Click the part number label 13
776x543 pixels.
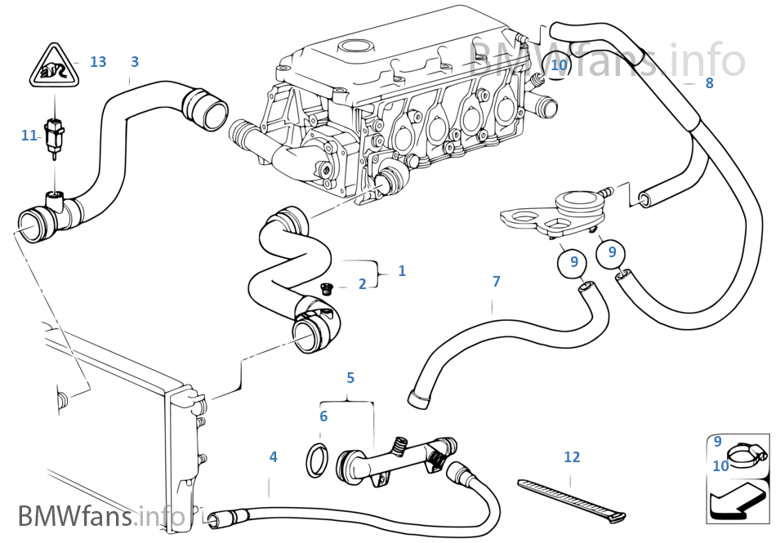(x=98, y=62)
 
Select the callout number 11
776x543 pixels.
(x=28, y=136)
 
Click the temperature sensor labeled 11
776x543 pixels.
(x=56, y=135)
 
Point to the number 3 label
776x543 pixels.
(x=135, y=62)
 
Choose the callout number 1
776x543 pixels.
(x=401, y=270)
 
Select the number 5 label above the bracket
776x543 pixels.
(x=350, y=378)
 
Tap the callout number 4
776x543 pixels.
(x=273, y=457)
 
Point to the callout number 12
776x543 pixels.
(x=572, y=457)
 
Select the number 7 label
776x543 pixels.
(x=496, y=282)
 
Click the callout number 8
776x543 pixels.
(x=709, y=82)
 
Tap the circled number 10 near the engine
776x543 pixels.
(x=559, y=65)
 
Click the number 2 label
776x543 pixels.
(x=362, y=284)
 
